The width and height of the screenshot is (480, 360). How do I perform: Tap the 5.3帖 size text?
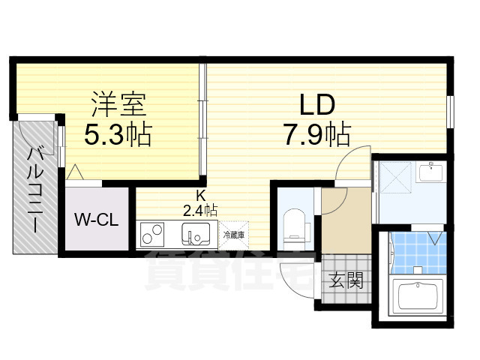point(118,135)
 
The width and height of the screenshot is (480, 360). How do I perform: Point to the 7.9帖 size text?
point(316,135)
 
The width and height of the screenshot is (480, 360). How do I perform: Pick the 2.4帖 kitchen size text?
point(200,211)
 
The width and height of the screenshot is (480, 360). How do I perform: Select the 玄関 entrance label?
point(346,282)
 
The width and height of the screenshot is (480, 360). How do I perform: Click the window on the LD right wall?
point(449,112)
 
